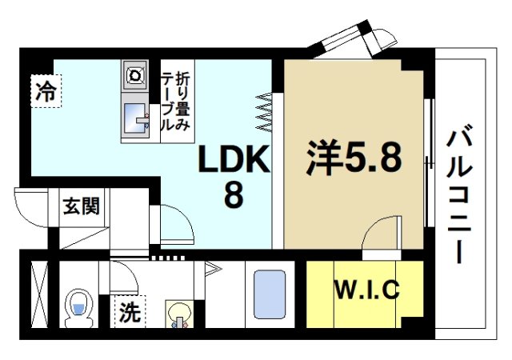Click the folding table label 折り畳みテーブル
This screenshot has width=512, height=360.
175,101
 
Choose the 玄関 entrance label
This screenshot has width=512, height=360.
81,206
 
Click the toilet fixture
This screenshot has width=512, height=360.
78,306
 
